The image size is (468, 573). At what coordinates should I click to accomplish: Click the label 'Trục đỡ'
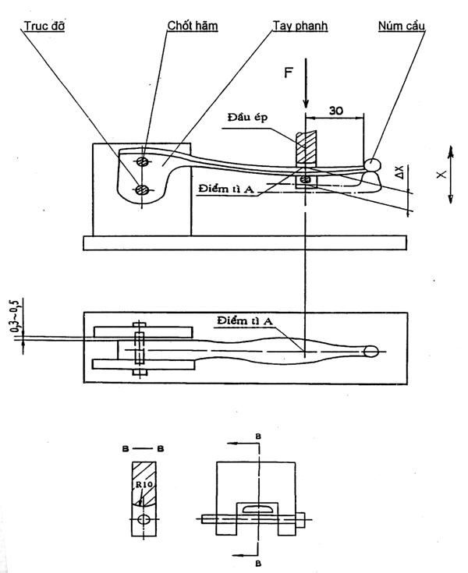(x=44, y=26)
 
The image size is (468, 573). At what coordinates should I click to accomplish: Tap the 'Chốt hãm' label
(x=193, y=26)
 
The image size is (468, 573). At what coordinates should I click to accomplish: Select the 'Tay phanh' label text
(x=300, y=26)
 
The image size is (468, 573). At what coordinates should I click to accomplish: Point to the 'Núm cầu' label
(x=402, y=26)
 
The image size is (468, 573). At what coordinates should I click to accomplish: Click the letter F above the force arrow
(x=289, y=73)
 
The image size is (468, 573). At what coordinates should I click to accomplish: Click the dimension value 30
(x=335, y=110)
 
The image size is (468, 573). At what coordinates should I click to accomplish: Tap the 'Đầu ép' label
(x=248, y=117)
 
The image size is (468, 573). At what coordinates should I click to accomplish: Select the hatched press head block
(x=306, y=149)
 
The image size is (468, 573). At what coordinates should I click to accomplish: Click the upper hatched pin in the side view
(x=143, y=161)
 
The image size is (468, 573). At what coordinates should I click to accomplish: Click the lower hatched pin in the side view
(x=140, y=189)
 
